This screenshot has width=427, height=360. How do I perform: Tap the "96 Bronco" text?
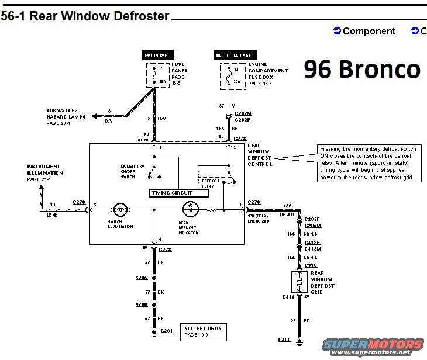[361, 69]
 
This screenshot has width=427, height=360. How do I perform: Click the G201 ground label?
[167, 331]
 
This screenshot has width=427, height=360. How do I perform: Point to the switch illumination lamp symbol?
[120, 207]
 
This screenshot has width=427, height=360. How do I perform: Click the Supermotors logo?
[375, 347]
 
